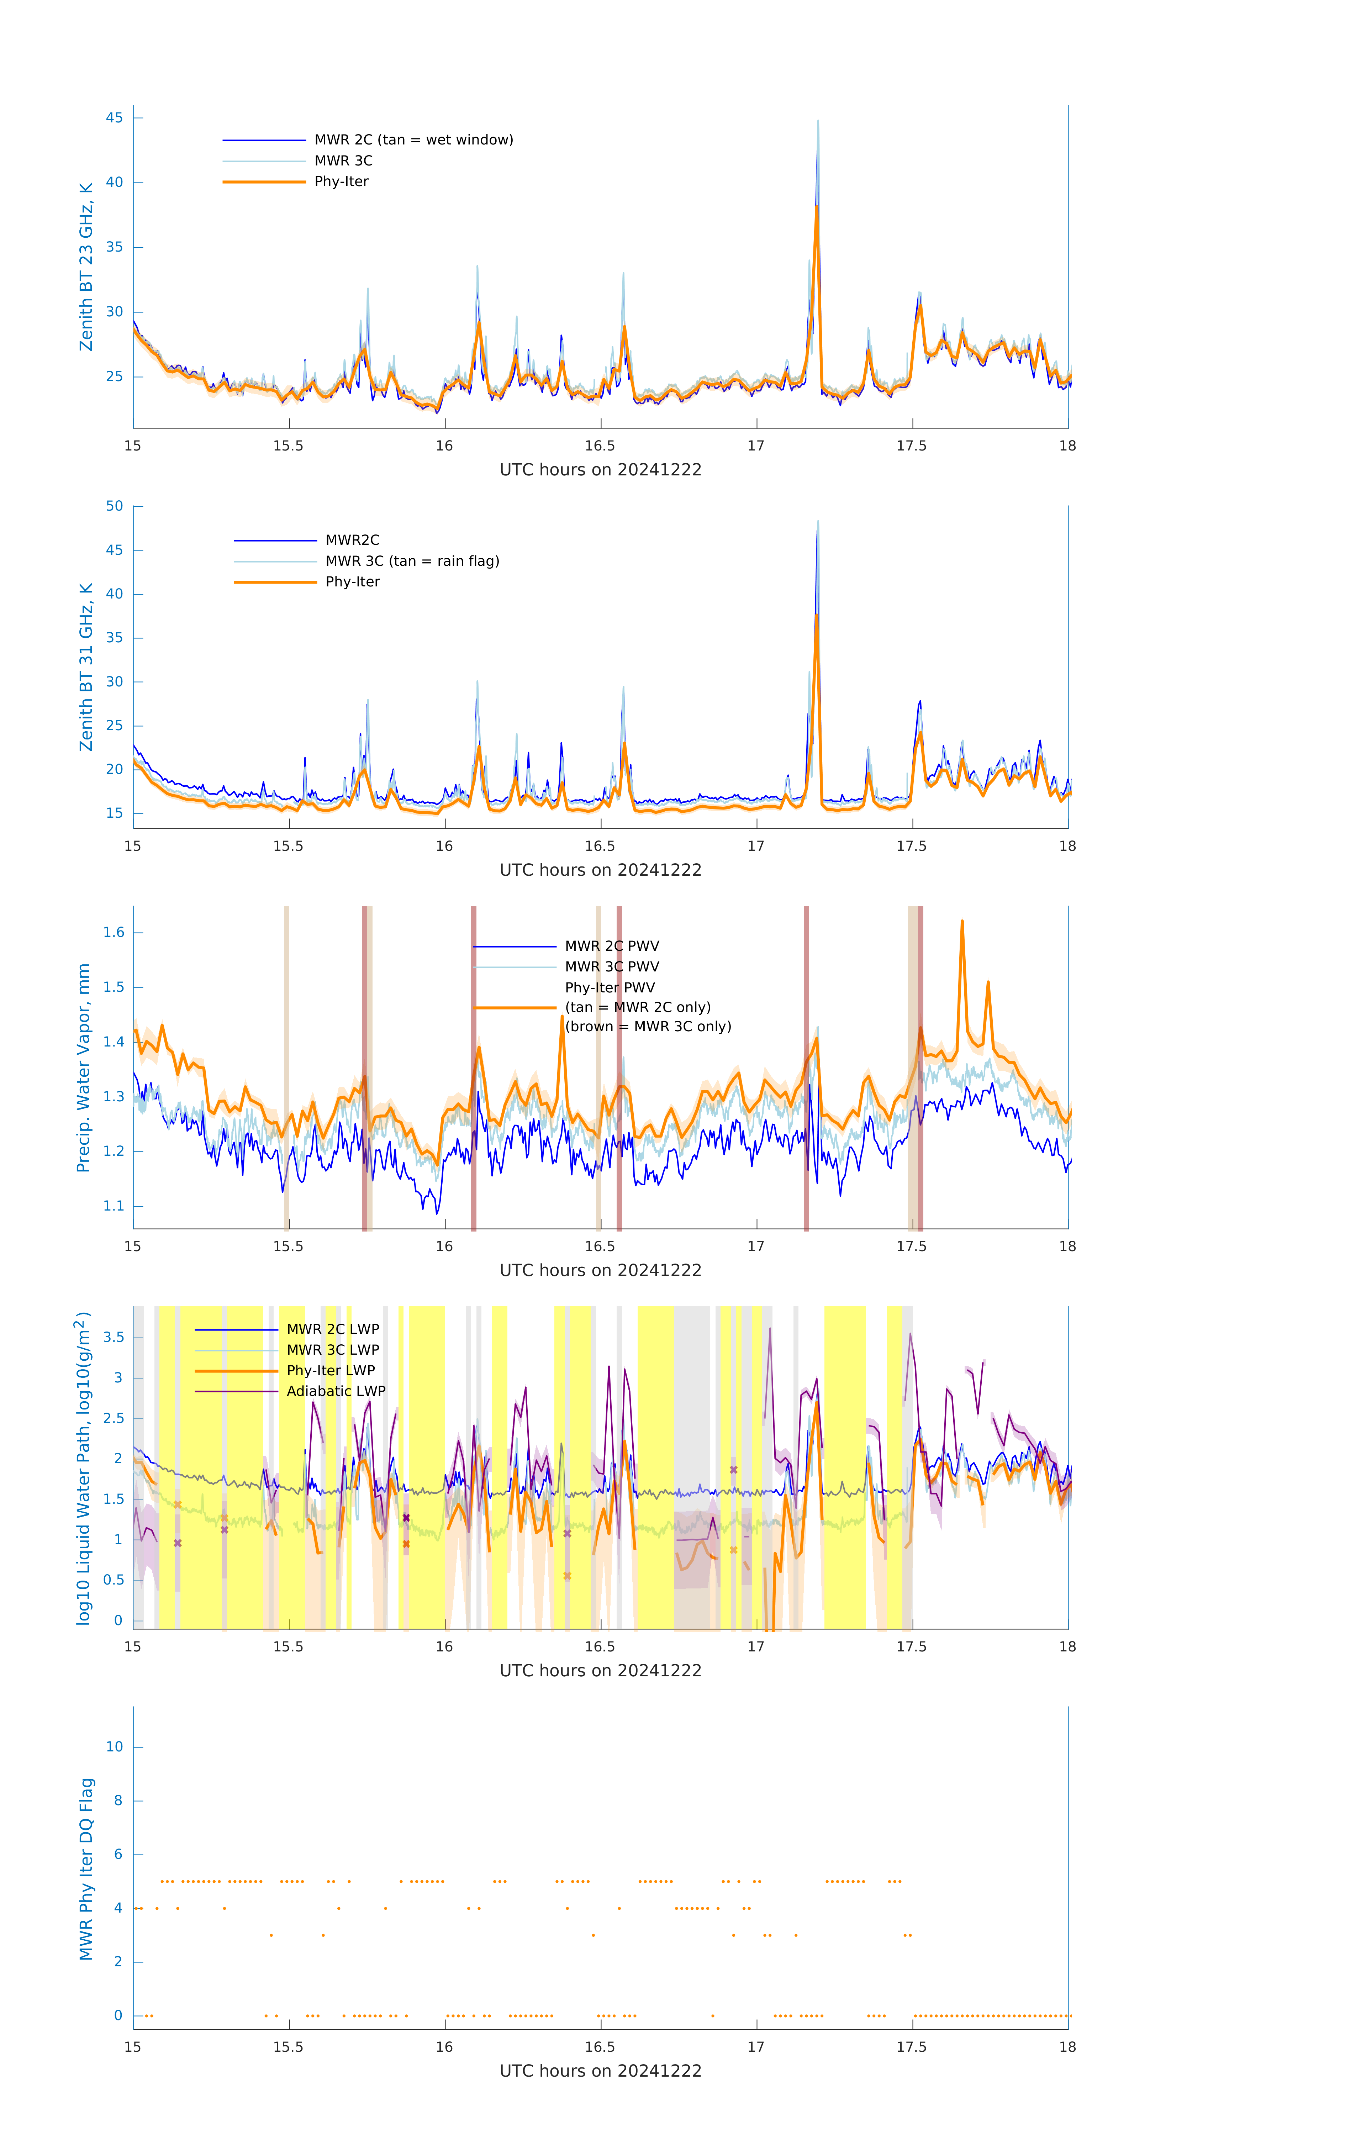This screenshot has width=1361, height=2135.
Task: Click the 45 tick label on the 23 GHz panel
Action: (x=114, y=118)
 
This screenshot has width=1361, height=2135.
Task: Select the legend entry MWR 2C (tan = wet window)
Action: (x=413, y=140)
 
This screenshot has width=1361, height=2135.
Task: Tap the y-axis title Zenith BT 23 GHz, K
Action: (x=86, y=267)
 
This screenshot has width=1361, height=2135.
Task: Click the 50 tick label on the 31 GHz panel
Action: (x=114, y=506)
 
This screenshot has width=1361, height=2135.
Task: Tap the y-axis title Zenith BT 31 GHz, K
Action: (x=86, y=667)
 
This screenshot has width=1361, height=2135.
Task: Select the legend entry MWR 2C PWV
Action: (x=612, y=946)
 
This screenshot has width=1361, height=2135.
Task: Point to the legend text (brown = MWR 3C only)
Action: (x=648, y=1027)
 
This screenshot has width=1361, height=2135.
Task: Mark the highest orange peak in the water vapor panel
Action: (x=962, y=922)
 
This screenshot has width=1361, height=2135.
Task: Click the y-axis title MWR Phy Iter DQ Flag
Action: (x=86, y=1869)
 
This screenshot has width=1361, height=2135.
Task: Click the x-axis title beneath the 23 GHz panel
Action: (x=600, y=470)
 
